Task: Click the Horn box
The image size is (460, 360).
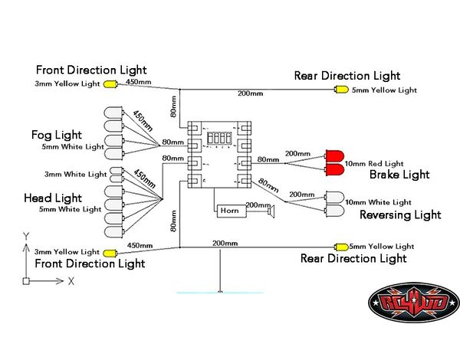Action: tap(228, 209)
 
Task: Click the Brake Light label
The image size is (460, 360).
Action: tap(399, 175)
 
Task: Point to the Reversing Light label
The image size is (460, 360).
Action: tap(400, 214)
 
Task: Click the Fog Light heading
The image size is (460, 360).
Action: tap(57, 135)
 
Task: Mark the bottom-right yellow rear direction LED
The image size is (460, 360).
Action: tap(338, 247)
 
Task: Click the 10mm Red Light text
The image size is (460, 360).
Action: tap(374, 163)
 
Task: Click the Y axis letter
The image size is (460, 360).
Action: tap(26, 236)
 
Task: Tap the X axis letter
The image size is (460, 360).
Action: tap(71, 281)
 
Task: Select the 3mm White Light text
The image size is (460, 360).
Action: tap(76, 174)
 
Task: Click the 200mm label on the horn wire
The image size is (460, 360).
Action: tap(258, 205)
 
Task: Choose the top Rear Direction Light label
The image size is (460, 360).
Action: tap(347, 76)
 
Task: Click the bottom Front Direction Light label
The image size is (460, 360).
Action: tap(90, 263)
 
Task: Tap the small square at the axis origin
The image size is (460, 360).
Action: tap(26, 281)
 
